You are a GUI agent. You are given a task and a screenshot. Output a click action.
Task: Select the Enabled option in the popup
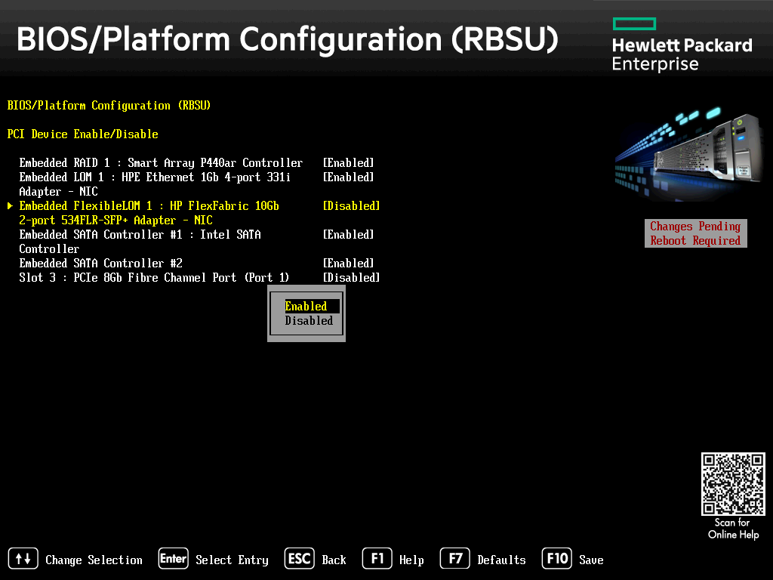pos(306,307)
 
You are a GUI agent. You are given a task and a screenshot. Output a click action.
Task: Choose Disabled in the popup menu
pos(309,320)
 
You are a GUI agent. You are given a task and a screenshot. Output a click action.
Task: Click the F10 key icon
pos(556,558)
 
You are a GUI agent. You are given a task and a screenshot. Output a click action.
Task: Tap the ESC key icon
pos(299,558)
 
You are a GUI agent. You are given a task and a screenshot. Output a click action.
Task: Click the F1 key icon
pos(377,558)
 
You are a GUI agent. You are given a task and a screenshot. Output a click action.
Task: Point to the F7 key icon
pos(455,558)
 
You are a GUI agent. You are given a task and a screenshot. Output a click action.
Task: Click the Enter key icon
pos(173,558)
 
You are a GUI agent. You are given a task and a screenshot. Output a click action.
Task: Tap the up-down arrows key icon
pos(23,558)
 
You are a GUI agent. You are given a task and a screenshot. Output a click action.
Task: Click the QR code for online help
pos(733,484)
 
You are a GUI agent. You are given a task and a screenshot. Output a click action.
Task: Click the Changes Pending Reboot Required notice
pos(695,233)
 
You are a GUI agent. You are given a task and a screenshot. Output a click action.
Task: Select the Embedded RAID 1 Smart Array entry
pos(161,163)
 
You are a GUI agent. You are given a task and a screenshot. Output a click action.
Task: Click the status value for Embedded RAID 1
pos(349,163)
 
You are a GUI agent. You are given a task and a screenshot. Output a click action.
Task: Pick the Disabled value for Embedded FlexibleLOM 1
pos(352,205)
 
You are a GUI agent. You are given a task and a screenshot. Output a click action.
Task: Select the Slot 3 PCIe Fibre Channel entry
pos(154,278)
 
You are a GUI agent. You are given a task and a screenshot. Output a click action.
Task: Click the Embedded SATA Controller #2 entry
pos(100,264)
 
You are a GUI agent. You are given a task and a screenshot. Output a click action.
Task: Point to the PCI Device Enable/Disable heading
pos(83,134)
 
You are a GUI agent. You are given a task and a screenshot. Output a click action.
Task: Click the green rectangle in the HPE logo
pos(634,23)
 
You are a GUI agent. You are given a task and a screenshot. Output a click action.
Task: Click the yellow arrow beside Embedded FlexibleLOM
pos(11,205)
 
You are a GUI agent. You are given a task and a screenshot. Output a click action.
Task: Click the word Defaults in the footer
pos(501,560)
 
